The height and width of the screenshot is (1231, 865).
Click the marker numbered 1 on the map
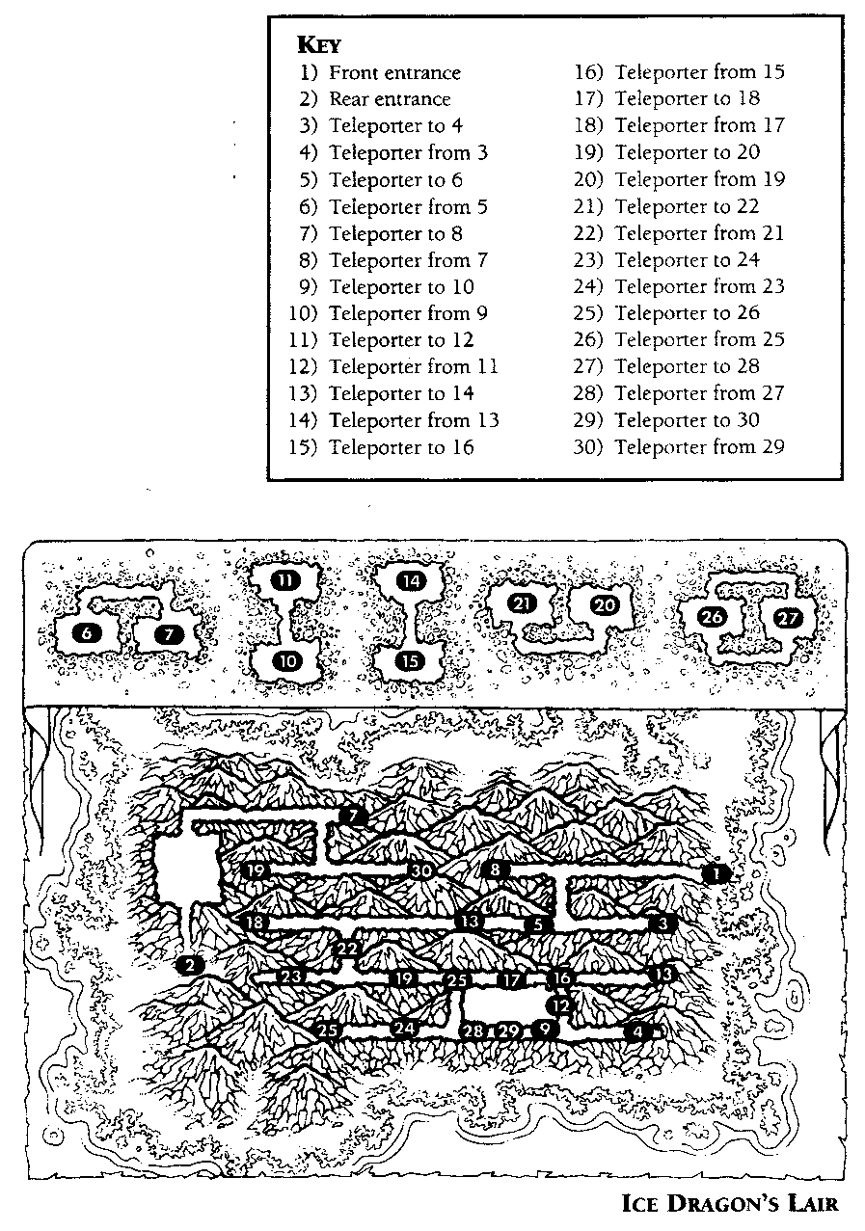point(716,872)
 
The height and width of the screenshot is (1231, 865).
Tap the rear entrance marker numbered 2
point(191,965)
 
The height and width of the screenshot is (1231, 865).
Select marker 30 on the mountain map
point(421,870)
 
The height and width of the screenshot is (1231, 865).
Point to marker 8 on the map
point(495,870)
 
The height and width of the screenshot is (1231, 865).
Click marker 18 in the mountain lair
point(256,922)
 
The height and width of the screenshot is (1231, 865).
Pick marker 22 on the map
point(347,949)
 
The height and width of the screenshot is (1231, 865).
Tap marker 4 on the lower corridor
point(636,1030)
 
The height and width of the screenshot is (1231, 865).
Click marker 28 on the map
point(473,1030)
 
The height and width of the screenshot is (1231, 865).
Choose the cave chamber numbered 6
point(87,633)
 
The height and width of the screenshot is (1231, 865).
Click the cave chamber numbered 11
point(285,580)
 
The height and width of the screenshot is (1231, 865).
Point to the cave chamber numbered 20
point(604,605)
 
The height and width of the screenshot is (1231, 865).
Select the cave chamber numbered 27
point(789,618)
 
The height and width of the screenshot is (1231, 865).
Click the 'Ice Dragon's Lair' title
point(729,1203)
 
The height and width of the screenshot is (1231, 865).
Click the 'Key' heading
point(318,44)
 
